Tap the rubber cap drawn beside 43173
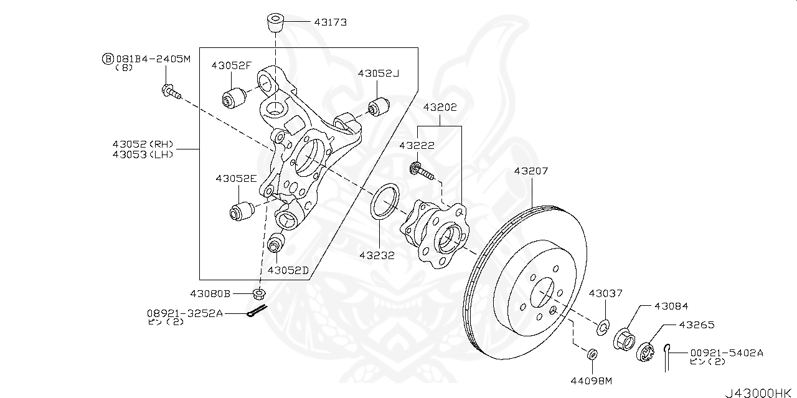(x=274, y=22)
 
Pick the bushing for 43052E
(x=240, y=211)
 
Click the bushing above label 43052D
(x=276, y=242)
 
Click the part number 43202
(x=440, y=107)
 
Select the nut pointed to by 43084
(x=625, y=340)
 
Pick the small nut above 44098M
(x=592, y=354)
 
